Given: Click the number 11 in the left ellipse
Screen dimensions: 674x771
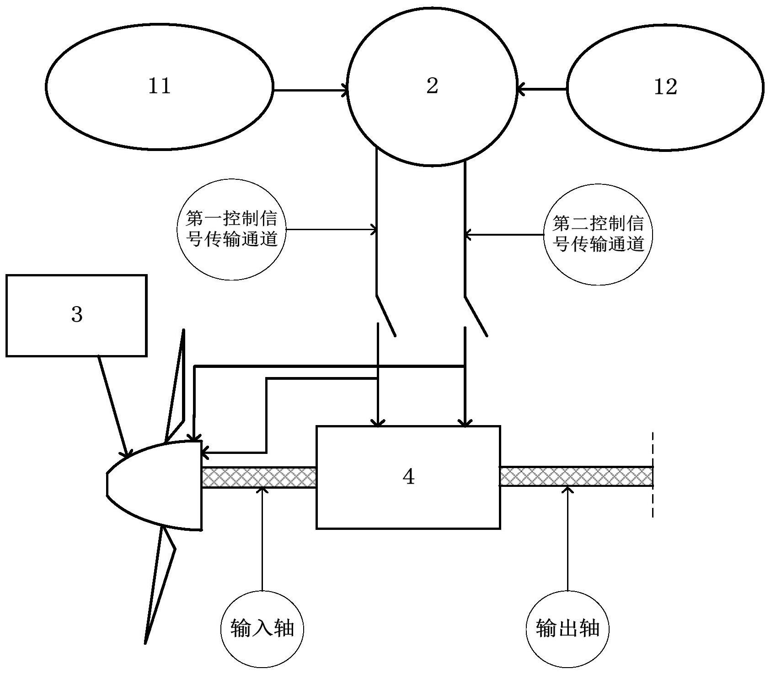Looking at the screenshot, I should click(160, 86).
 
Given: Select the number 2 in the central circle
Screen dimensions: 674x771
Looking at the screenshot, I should click(432, 86).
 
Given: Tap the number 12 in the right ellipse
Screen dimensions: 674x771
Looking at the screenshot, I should click(665, 86).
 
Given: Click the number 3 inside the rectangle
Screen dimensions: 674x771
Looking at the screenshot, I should click(77, 314).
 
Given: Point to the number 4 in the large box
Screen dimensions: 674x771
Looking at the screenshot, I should click(408, 477).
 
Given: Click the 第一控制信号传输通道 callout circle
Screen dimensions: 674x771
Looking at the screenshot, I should click(231, 229).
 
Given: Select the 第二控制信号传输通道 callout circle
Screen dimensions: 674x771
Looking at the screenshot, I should click(598, 234).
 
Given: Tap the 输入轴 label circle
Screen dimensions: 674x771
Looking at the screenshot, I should click(262, 628).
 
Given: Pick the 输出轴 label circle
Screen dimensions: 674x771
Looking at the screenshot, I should click(568, 628).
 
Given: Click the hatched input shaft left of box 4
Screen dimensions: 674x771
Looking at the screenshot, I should click(258, 477).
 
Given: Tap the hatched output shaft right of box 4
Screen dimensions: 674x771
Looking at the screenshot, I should click(576, 476).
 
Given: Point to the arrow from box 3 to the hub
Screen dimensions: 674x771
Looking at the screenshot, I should click(112, 406).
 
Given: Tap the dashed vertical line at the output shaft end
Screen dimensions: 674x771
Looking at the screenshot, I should click(653, 476).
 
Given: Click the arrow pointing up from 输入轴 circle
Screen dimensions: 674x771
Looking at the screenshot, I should click(262, 540).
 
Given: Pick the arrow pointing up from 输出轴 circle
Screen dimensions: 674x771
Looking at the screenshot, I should click(568, 540).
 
